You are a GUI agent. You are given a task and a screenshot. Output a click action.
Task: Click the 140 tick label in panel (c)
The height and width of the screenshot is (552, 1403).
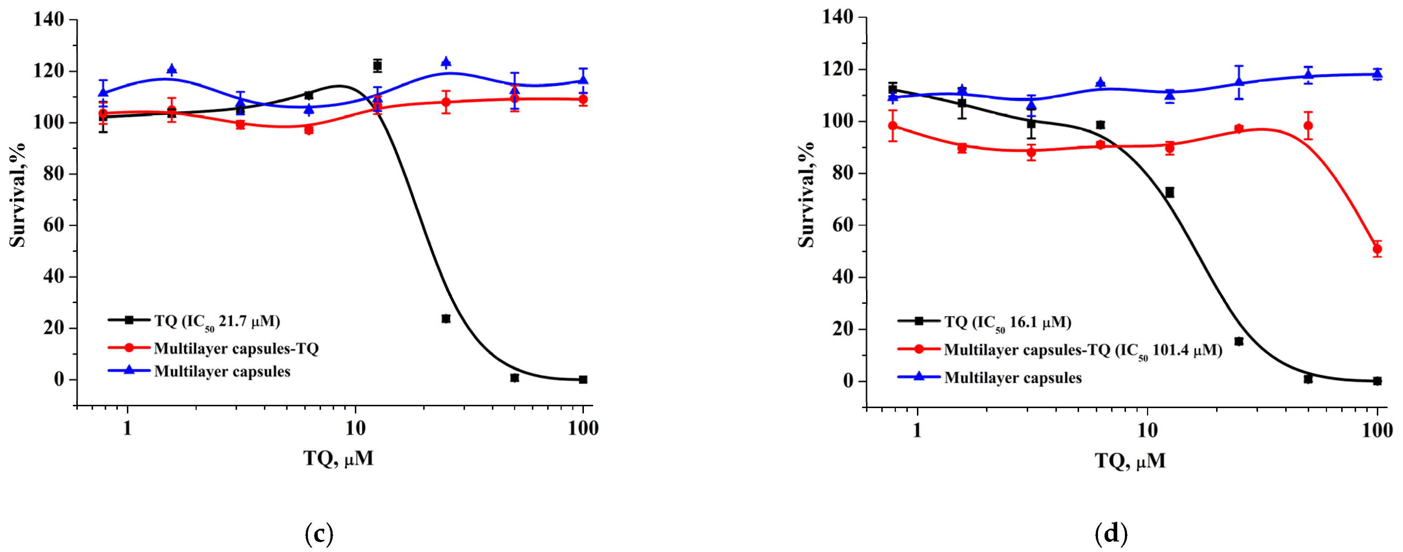click(x=48, y=20)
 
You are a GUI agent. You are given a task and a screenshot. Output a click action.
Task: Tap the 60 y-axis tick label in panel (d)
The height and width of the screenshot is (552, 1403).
click(x=843, y=225)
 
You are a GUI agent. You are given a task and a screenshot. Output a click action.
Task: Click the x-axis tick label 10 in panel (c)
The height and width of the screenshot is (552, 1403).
click(x=355, y=429)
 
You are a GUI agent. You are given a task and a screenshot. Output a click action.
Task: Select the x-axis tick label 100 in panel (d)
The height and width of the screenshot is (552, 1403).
click(x=1377, y=431)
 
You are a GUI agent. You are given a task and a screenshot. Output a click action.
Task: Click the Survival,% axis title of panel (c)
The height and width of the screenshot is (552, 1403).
click(x=17, y=194)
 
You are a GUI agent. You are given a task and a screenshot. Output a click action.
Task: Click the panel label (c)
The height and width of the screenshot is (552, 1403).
click(x=318, y=534)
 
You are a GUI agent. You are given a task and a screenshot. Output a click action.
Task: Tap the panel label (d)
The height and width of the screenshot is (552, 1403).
click(x=1111, y=534)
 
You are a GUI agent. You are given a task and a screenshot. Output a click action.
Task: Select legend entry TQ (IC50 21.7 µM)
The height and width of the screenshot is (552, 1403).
click(x=216, y=321)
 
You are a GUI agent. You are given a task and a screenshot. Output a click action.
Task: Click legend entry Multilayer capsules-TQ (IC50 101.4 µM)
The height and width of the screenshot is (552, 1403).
click(x=1082, y=350)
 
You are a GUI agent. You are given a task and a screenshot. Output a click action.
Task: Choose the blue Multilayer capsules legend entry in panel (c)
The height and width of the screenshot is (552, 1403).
click(x=222, y=372)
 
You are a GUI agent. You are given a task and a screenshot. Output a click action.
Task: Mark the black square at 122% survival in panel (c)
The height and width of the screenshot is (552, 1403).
click(x=377, y=66)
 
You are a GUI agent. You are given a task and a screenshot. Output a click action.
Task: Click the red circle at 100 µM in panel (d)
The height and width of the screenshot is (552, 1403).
click(x=1377, y=249)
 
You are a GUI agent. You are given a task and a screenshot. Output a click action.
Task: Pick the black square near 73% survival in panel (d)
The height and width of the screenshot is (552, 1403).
click(x=1169, y=192)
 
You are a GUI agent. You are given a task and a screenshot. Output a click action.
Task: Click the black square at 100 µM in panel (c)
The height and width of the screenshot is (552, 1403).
click(x=583, y=379)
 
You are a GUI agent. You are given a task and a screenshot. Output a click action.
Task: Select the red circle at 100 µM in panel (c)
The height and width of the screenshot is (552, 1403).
click(x=583, y=100)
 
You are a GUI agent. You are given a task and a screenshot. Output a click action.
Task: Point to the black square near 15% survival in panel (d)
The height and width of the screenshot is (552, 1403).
click(x=1239, y=341)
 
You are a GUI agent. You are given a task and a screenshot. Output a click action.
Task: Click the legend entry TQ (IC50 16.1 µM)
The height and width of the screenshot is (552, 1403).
click(x=1007, y=322)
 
